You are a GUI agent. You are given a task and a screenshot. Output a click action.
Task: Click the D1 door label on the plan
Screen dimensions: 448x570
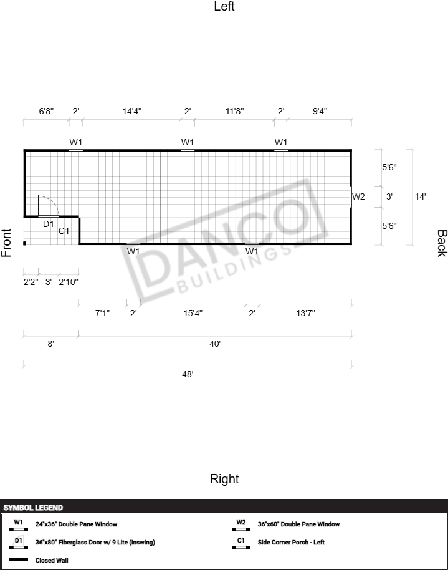coord(49,224)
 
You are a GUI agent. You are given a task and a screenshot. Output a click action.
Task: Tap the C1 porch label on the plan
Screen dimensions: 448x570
coord(64,231)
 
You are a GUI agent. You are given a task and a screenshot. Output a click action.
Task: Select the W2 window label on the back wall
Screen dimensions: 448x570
coord(358,196)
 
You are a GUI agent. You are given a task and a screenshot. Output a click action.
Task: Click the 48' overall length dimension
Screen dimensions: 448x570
coord(188,374)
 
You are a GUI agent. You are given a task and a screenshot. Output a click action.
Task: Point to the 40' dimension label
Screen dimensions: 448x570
coord(215,344)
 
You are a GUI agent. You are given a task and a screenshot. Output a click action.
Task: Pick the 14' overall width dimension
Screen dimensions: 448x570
coord(421,196)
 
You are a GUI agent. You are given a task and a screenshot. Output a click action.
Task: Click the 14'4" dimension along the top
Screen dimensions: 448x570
coord(131,111)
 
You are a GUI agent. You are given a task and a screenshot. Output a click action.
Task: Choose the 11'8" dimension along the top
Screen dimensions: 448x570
coord(234,111)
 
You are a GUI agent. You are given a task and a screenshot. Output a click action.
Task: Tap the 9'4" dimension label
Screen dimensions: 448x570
coord(320,111)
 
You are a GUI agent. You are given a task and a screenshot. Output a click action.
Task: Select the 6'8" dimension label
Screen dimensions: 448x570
coord(46,111)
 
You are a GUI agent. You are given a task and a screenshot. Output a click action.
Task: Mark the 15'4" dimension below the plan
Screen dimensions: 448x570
coord(193,313)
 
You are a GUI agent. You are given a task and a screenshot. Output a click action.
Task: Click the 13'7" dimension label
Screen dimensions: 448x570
coord(305,313)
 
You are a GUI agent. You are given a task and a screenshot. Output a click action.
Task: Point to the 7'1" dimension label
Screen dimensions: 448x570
coord(102,313)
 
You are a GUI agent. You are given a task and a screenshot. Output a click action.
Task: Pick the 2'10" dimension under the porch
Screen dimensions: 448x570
coord(69,282)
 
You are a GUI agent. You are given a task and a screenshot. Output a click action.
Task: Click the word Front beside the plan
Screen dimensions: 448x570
coord(6,243)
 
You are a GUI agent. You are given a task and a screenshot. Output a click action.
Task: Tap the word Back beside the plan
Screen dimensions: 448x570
coord(442,243)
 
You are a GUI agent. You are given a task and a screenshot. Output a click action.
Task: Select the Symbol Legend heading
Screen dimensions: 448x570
coord(33,508)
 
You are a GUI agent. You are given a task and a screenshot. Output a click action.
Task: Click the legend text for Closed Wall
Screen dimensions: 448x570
coord(52,560)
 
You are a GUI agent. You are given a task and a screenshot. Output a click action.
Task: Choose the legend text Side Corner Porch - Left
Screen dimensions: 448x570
coord(291,542)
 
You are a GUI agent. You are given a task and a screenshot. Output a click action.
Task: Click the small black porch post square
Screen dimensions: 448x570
coord(25,243)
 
